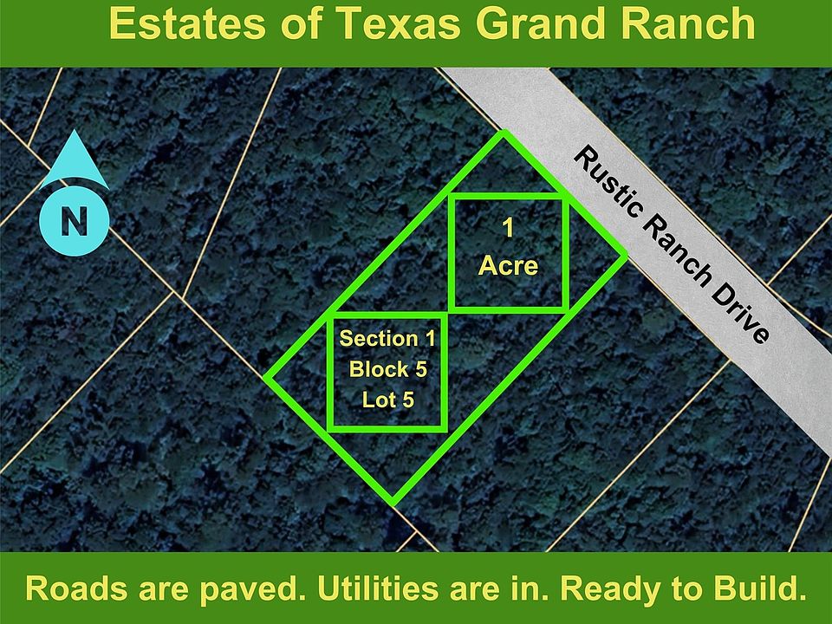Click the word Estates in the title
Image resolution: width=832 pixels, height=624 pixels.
click(x=184, y=24)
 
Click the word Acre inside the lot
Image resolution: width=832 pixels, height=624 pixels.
click(x=508, y=265)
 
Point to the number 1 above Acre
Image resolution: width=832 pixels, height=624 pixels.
click(x=508, y=229)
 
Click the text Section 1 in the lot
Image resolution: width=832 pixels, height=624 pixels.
click(x=387, y=338)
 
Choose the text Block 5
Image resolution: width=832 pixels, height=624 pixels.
click(x=387, y=369)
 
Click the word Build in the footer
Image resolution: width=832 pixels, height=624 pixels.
click(x=756, y=588)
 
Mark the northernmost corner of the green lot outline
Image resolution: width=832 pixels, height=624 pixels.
click(x=502, y=133)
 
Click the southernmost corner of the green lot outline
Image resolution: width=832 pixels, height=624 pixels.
click(x=393, y=503)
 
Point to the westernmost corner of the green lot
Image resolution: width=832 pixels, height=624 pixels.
click(x=265, y=378)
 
